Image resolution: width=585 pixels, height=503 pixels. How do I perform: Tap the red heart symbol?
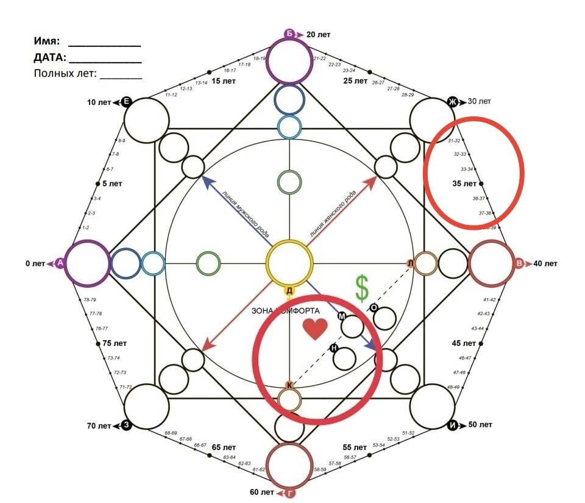pyautogui.click(x=316, y=329)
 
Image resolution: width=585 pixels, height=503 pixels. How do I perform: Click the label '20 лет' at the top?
pyautogui.click(x=319, y=35)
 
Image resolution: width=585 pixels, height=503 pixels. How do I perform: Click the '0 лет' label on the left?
pyautogui.click(x=35, y=264)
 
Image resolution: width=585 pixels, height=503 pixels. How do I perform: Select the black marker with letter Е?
pyautogui.click(x=126, y=102)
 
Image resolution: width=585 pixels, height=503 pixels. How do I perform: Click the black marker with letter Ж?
pyautogui.click(x=453, y=101)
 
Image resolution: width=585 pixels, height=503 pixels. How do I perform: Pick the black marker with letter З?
pyautogui.click(x=126, y=425)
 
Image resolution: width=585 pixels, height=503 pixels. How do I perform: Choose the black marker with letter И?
pyautogui.click(x=452, y=425)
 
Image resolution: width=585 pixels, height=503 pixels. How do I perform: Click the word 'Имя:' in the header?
pyautogui.click(x=47, y=42)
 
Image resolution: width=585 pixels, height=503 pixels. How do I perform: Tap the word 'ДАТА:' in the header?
pyautogui.click(x=49, y=59)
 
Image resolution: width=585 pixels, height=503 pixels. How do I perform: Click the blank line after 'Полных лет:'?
pyautogui.click(x=121, y=77)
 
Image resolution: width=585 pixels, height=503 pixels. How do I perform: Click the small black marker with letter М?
pyautogui.click(x=342, y=316)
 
